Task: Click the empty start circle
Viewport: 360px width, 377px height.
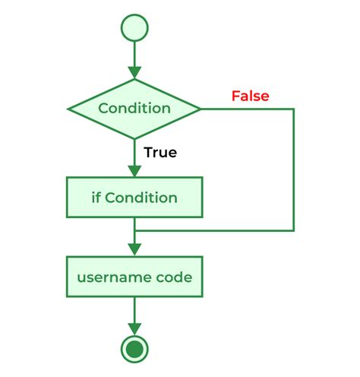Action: (x=134, y=27)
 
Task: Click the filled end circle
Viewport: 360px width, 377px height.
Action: (x=134, y=349)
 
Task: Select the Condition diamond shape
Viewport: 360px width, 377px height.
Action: (x=134, y=109)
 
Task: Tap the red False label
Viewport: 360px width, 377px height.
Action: (x=250, y=97)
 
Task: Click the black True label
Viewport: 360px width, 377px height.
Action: (x=160, y=152)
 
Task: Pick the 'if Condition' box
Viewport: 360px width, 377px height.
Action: (x=134, y=198)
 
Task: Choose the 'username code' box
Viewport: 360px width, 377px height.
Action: (x=134, y=277)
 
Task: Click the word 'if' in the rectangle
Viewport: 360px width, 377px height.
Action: (x=96, y=198)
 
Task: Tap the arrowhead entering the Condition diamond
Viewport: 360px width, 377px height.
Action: (x=134, y=72)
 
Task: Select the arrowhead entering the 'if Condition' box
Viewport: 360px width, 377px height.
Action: (x=134, y=171)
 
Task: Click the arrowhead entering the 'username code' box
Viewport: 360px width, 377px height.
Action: (x=134, y=250)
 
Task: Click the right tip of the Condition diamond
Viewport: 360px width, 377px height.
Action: (x=200, y=109)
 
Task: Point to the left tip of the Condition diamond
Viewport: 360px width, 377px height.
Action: (x=69, y=109)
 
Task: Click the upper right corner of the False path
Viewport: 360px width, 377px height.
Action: (x=293, y=109)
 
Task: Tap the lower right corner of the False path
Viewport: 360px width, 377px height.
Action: (x=293, y=230)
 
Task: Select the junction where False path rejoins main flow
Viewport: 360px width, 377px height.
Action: (x=134, y=230)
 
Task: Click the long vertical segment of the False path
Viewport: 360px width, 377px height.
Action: (x=293, y=169)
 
